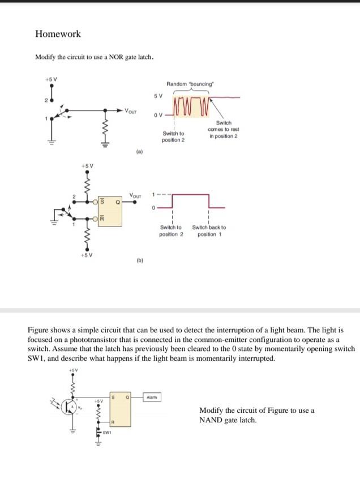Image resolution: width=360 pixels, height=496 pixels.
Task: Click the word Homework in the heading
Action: tap(58, 34)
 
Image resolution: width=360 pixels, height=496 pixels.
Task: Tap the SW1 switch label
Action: tap(106, 433)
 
